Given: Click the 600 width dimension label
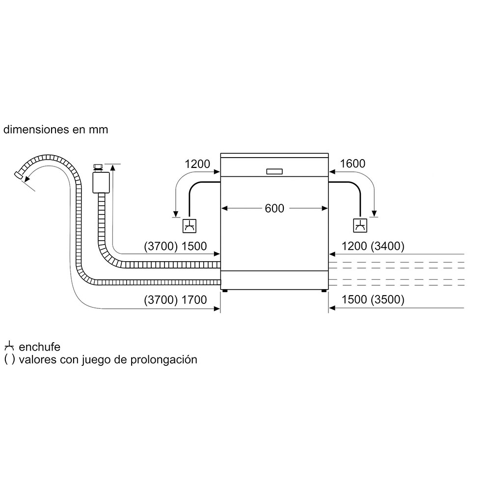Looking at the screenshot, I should point(274,208).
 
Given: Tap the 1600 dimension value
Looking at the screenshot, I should point(353,164).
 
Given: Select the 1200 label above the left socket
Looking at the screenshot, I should point(197,164).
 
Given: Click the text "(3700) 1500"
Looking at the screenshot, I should point(175,246).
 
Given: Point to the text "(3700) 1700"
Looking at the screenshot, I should point(175,300).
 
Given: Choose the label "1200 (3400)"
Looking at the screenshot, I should point(374,246).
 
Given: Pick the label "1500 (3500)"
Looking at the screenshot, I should point(374,300).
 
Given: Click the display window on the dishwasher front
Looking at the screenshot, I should point(274,171).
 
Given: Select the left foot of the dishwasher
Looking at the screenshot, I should point(224,291).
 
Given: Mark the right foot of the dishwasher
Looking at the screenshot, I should point(325,291).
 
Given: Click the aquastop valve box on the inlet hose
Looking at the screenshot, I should point(101,182).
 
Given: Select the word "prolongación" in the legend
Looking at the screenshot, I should point(168,359).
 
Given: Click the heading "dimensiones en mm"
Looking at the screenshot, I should point(55,130).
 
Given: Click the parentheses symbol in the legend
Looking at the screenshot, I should point(9,359).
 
